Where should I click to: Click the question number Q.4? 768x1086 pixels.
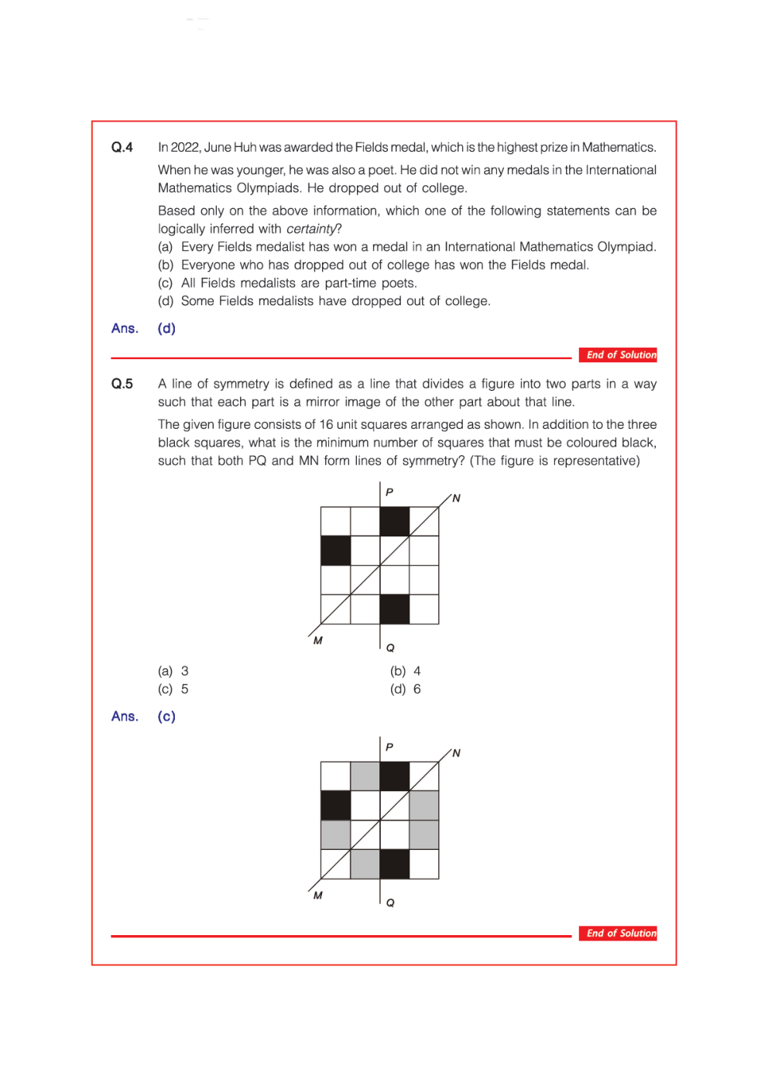click(122, 147)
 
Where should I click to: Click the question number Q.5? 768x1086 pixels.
click(122, 384)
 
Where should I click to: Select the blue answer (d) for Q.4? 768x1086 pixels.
click(166, 328)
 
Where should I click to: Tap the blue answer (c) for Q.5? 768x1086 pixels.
click(166, 717)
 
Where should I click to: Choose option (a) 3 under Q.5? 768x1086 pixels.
click(173, 671)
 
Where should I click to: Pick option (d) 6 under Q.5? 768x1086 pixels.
click(406, 689)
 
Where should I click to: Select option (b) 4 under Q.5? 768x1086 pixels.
click(406, 671)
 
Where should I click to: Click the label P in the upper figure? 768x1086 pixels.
click(389, 492)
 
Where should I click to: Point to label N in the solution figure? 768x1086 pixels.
click(456, 753)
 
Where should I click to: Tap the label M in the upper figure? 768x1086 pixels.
click(317, 641)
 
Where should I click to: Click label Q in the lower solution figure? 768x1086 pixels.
click(390, 903)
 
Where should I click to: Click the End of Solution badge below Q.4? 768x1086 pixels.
click(618, 355)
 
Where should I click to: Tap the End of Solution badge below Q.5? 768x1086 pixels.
click(618, 934)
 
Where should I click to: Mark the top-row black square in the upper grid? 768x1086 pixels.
click(395, 522)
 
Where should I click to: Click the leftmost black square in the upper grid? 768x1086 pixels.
click(335, 551)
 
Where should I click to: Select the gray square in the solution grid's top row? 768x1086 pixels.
click(365, 776)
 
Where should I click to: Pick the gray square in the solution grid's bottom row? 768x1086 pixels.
click(365, 864)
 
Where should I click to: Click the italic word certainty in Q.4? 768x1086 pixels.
click(311, 229)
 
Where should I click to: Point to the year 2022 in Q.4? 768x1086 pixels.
click(185, 147)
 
